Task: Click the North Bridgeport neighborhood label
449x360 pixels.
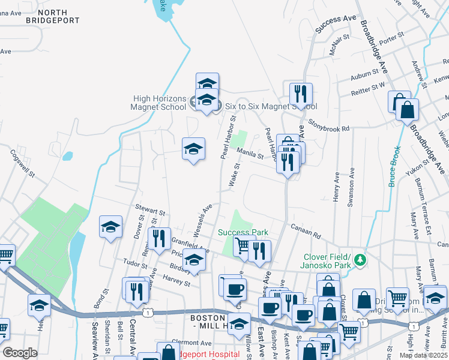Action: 53,16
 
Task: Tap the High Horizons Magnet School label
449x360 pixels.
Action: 159,103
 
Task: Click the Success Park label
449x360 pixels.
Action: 243,232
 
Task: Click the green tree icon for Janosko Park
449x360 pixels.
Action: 360,260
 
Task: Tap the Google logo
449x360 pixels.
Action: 20,353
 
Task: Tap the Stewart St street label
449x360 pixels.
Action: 149,211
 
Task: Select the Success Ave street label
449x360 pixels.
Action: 336,20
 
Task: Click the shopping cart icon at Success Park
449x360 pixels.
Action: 243,245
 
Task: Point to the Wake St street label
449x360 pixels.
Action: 235,179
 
